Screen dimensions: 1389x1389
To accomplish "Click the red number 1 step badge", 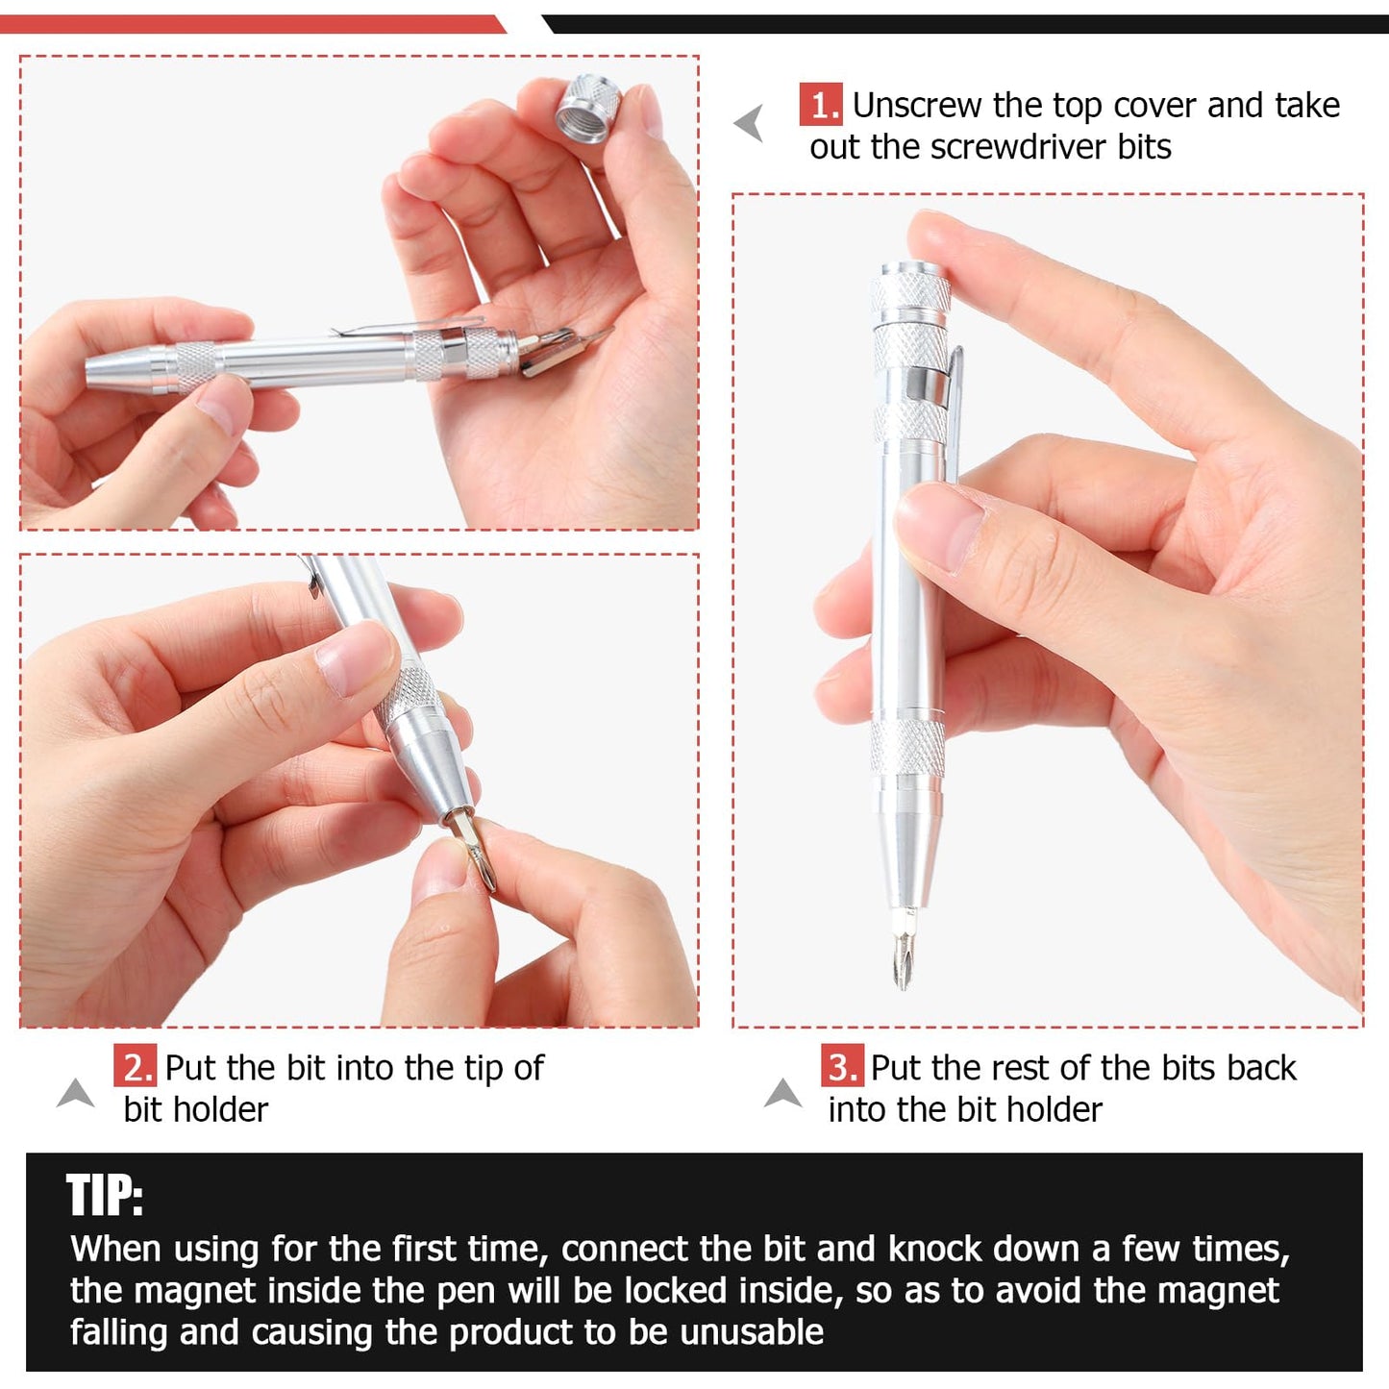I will click(x=820, y=105).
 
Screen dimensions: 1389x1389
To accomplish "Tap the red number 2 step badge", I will click(x=135, y=1067).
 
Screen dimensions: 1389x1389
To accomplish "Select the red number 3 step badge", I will click(x=842, y=1067).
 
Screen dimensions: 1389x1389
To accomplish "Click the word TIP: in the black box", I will click(x=105, y=1196).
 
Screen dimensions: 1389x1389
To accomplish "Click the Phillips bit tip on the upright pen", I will click(x=901, y=952).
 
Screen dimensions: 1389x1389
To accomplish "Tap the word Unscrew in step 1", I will click(x=916, y=105).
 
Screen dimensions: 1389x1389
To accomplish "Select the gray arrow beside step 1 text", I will click(x=750, y=123).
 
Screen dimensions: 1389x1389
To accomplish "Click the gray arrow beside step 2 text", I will click(x=76, y=1093).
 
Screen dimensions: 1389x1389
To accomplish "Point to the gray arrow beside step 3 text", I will click(x=783, y=1093).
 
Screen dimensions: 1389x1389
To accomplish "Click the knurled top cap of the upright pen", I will click(x=909, y=293).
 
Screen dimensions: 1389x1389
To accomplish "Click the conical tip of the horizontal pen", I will click(x=120, y=369).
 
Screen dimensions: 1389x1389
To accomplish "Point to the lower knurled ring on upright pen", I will click(x=906, y=749).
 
